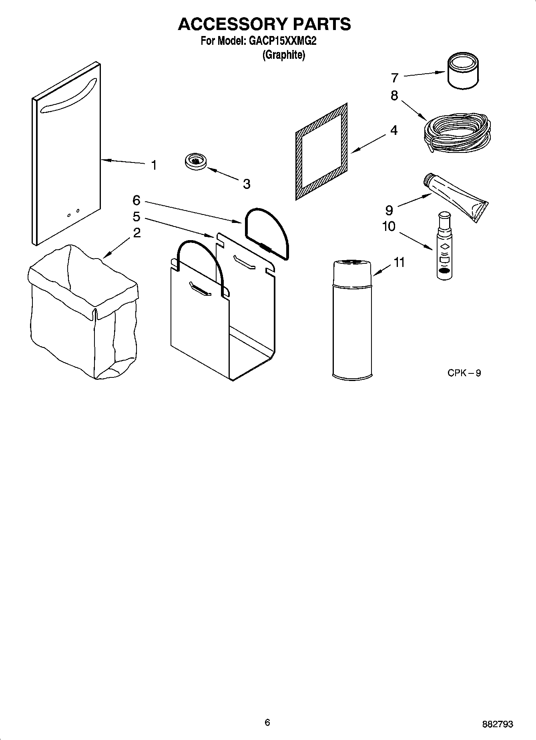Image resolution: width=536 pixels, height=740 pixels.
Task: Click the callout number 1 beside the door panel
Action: click(154, 165)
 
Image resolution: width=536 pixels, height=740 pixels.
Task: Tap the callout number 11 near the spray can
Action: click(399, 263)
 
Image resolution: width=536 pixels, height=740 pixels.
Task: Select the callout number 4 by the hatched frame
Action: click(394, 130)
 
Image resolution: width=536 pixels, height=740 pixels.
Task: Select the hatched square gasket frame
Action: click(321, 152)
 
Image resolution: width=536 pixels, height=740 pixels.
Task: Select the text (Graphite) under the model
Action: click(283, 55)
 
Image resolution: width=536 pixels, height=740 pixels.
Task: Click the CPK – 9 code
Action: click(464, 373)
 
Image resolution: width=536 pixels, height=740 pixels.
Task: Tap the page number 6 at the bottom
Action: click(267, 722)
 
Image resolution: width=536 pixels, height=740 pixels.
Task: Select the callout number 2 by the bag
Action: click(137, 233)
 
